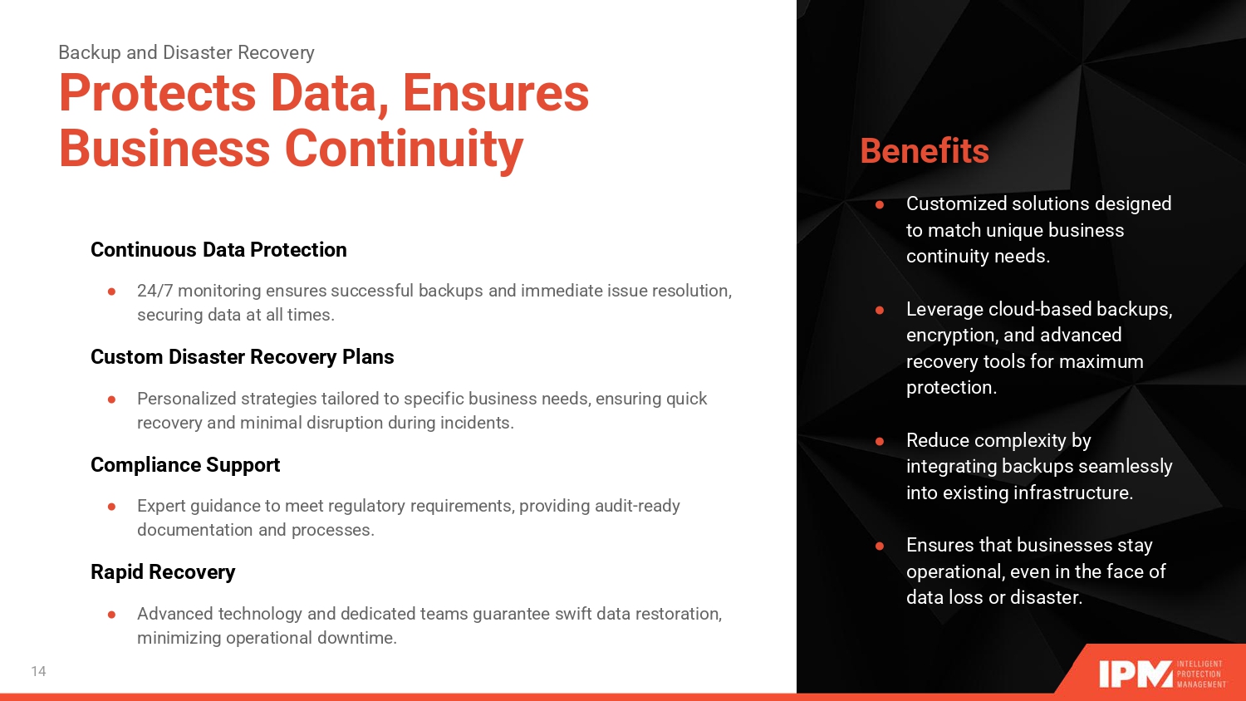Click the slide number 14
click(38, 671)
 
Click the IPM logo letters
click(1136, 674)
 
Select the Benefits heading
click(925, 151)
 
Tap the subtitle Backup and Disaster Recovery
click(186, 52)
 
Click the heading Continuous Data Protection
click(218, 250)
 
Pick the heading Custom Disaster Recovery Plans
click(242, 356)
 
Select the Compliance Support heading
click(185, 465)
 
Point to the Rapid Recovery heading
click(163, 572)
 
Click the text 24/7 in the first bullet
click(155, 291)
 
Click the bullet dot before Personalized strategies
click(112, 399)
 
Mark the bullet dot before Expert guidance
click(112, 507)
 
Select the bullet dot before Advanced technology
click(112, 615)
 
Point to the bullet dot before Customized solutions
click(880, 205)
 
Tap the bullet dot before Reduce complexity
click(880, 442)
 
